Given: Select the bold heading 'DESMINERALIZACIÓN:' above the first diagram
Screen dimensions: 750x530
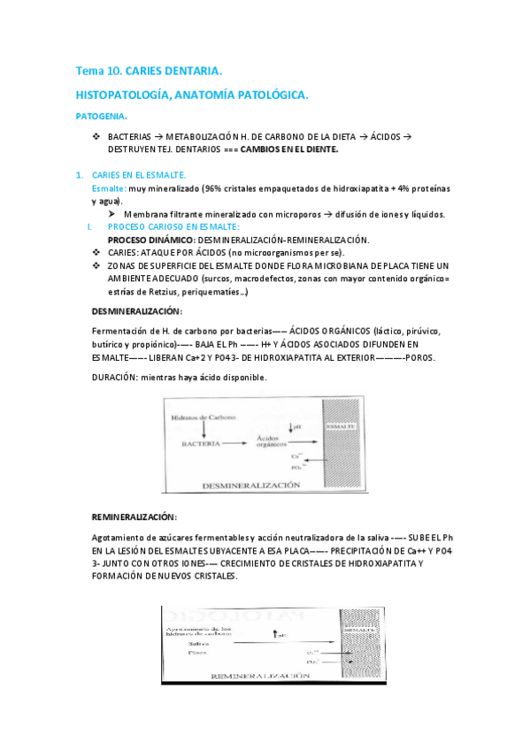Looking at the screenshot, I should (x=137, y=311).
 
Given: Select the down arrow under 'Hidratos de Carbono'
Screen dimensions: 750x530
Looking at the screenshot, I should (x=204, y=428).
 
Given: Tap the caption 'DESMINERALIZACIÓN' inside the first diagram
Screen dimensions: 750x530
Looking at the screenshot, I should (x=251, y=486).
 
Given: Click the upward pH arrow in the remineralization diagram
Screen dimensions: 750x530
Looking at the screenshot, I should (x=276, y=634).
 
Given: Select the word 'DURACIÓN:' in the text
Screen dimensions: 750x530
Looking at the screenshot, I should (x=118, y=377).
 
